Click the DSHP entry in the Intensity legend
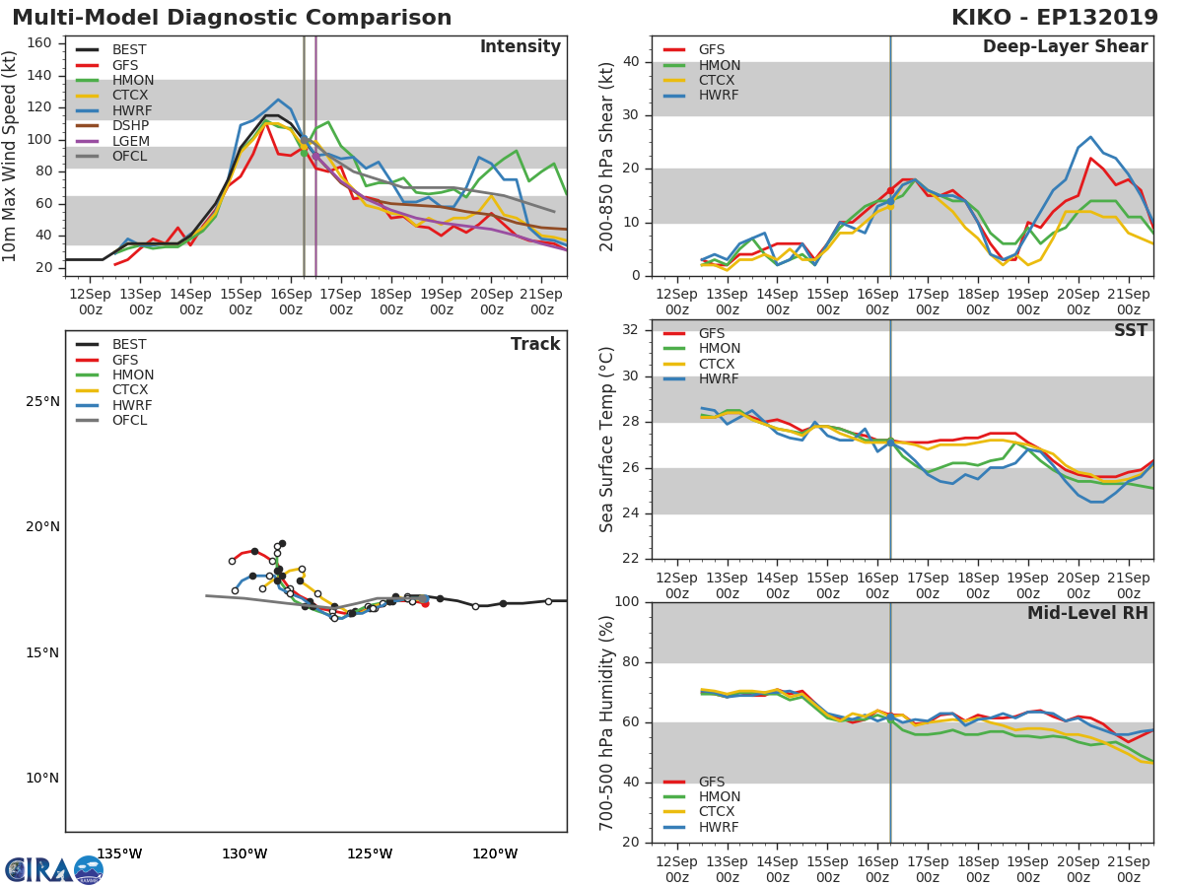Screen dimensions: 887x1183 (x=130, y=126)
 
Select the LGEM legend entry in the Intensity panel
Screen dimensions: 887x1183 (x=130, y=141)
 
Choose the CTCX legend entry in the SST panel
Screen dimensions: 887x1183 (x=718, y=365)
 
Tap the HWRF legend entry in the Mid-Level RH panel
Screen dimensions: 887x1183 (x=718, y=828)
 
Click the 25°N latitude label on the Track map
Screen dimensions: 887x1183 (x=41, y=402)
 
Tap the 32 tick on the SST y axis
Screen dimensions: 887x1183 (x=631, y=330)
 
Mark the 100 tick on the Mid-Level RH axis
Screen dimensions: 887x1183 (x=627, y=602)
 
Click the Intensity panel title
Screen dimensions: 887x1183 (x=520, y=47)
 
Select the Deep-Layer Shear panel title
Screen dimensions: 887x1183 (x=1065, y=47)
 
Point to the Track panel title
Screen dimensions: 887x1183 (x=534, y=345)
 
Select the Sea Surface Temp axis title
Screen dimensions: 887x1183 (x=607, y=439)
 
